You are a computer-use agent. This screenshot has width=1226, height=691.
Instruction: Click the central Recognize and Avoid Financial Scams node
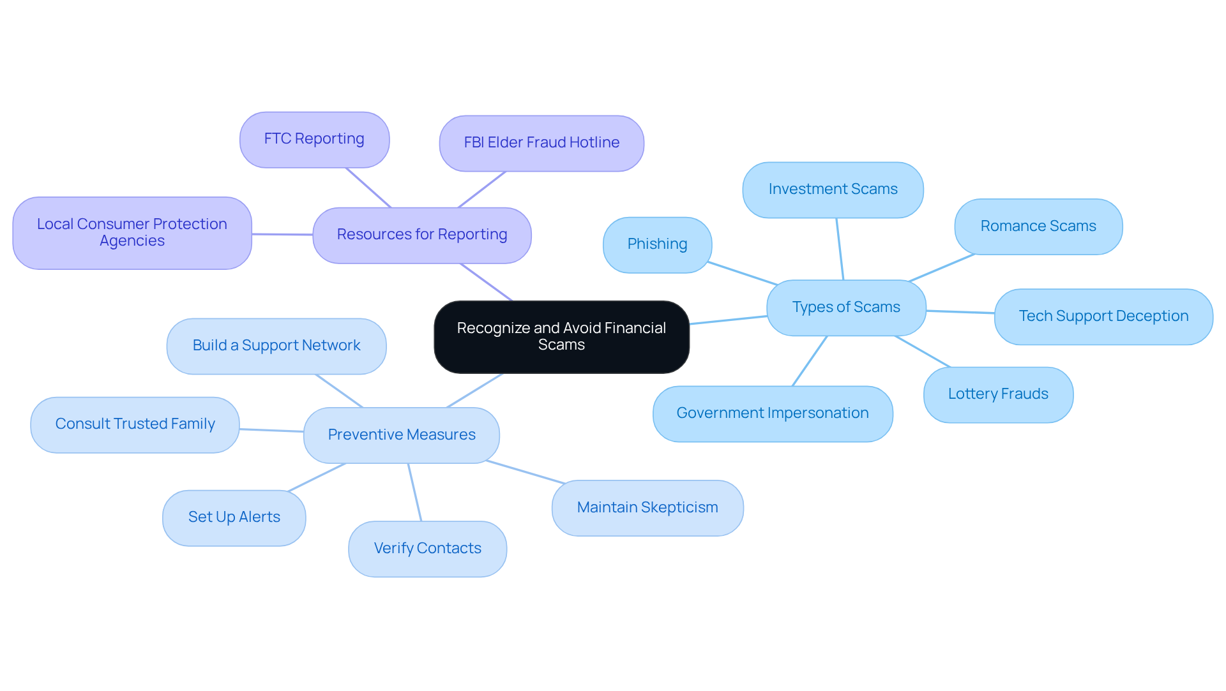(561, 337)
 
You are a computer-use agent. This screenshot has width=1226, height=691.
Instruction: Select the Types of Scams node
(846, 308)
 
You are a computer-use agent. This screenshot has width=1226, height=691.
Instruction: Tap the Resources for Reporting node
(422, 235)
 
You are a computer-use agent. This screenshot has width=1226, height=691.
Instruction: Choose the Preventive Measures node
(402, 435)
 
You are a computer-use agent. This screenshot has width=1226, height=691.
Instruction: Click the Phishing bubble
(657, 244)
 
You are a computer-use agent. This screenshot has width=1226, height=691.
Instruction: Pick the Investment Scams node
(833, 189)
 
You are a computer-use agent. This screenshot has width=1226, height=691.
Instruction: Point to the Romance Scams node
(1038, 227)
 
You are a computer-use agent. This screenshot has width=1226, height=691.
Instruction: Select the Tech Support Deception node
(1103, 316)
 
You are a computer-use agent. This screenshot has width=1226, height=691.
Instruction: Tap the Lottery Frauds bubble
(998, 394)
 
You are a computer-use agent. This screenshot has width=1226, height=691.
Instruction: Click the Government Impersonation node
(773, 413)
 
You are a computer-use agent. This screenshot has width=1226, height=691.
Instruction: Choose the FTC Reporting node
(314, 139)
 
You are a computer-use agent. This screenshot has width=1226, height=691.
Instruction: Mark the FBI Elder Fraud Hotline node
(541, 143)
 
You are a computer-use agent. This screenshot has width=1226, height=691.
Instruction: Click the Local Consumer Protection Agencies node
(132, 233)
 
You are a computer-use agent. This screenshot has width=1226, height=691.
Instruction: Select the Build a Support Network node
(276, 346)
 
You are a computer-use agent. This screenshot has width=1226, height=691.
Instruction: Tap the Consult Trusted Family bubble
(135, 424)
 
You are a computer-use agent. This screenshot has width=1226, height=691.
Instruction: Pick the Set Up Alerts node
(234, 517)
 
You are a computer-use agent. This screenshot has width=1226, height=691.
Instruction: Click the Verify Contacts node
(427, 549)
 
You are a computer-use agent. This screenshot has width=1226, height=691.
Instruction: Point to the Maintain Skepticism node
(647, 508)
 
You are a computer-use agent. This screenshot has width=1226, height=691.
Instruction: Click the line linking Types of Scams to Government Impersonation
(810, 361)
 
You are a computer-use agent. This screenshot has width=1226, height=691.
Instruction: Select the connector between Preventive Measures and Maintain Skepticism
(526, 472)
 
